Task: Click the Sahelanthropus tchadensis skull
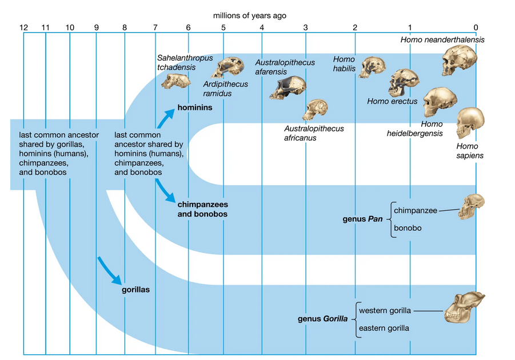[175, 81]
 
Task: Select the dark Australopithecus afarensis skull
[288, 87]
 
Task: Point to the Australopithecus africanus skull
[315, 110]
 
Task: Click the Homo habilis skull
[372, 67]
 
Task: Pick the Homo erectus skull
[404, 82]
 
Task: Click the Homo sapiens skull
[470, 123]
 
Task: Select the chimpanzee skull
[473, 207]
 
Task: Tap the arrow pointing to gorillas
[110, 270]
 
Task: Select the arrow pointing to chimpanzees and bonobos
[166, 191]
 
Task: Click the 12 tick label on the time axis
[23, 27]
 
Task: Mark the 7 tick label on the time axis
[155, 27]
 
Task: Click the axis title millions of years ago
[249, 15]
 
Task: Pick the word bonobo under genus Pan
[408, 228]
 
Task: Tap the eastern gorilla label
[384, 328]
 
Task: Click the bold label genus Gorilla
[322, 319]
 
